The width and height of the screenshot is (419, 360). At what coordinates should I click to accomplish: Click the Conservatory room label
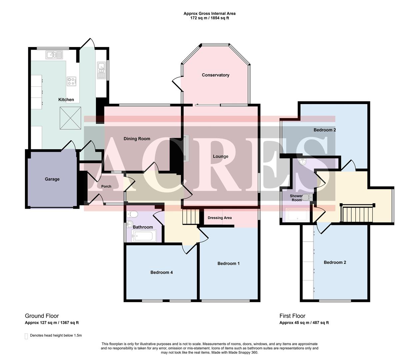point(215,75)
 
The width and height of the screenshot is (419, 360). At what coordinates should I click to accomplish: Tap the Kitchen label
point(66,100)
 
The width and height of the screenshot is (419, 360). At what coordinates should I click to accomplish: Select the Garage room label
point(52,179)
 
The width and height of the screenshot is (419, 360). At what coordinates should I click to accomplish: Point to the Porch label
point(106,186)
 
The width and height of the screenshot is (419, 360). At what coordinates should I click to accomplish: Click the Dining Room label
point(137,139)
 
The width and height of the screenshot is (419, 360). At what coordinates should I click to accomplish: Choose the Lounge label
point(221,156)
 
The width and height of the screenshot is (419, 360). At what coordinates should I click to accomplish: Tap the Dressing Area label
point(219,218)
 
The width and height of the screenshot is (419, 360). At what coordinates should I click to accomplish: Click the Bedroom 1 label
point(228,263)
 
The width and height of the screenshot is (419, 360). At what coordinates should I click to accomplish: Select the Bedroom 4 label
point(161,272)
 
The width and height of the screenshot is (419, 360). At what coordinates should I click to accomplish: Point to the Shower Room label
point(296,198)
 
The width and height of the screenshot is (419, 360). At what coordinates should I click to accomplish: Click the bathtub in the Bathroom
point(143,237)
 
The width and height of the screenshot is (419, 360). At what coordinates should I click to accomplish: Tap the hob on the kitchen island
point(72,81)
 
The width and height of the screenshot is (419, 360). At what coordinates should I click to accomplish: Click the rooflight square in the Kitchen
point(70,118)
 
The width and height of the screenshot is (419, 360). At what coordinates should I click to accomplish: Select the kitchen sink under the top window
point(54,55)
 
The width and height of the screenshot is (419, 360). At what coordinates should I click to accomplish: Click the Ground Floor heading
point(42,316)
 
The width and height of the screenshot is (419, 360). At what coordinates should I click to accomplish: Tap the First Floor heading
point(292,316)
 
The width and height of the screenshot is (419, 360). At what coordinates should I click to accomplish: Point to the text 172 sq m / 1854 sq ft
point(209,18)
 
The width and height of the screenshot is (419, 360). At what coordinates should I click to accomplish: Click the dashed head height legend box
point(26,336)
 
